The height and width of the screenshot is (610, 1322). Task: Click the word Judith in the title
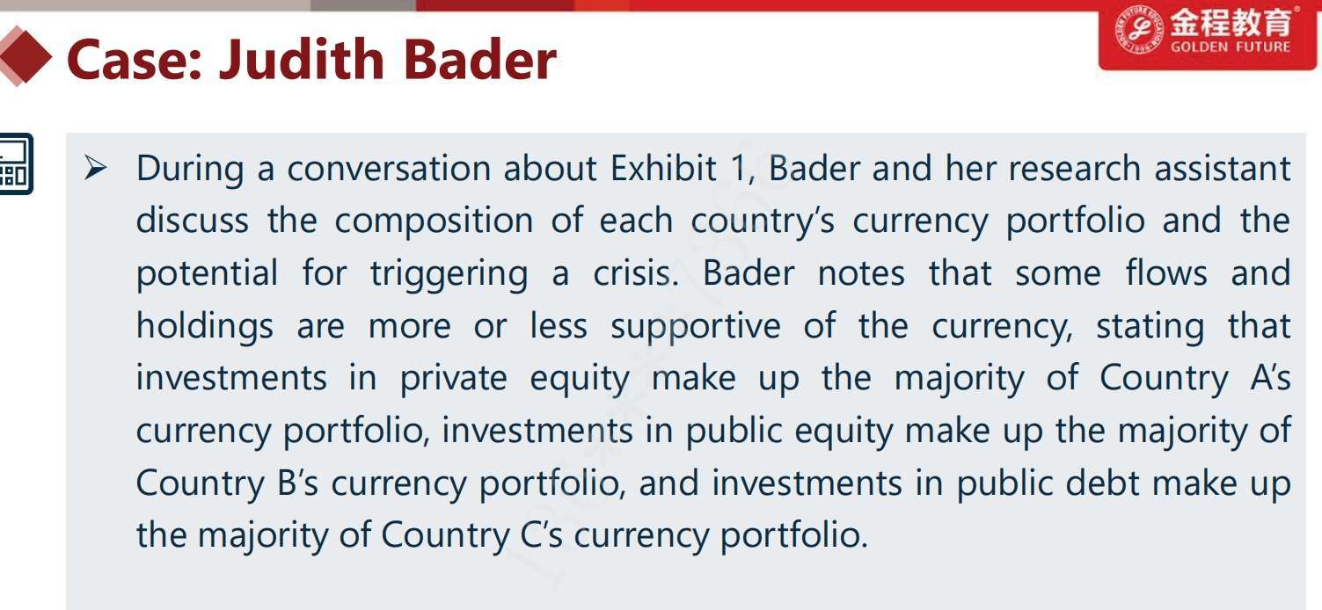[x=302, y=60]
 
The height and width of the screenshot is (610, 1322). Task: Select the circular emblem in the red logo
[x=1138, y=30]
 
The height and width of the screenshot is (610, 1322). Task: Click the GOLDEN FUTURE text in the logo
[x=1231, y=47]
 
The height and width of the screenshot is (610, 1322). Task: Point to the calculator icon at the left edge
[x=16, y=164]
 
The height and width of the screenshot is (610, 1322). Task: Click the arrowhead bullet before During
[x=95, y=168]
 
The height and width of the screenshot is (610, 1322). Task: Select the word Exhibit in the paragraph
[x=663, y=168]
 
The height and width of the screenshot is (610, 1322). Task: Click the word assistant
[x=1223, y=168]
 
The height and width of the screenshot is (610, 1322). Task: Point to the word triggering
[x=449, y=274]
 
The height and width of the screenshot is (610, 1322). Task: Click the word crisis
[x=636, y=273]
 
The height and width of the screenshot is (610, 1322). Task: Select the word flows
[x=1166, y=272]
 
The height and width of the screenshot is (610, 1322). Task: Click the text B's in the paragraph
[x=297, y=483]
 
